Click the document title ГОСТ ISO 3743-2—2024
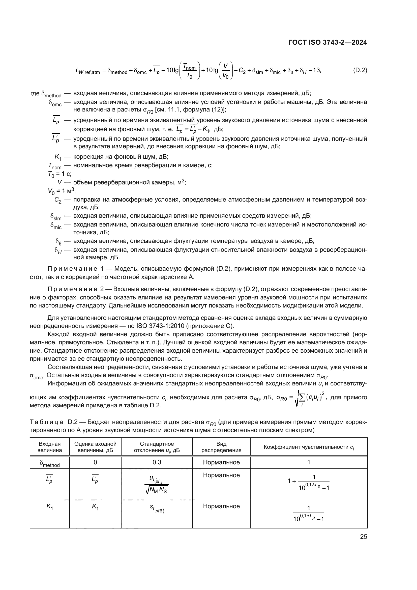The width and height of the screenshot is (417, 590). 328,42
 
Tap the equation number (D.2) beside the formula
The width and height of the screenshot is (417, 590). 360,70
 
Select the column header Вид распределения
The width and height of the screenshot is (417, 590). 221,447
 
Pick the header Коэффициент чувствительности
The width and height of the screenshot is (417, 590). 309,447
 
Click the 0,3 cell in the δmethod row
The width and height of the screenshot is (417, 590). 157,462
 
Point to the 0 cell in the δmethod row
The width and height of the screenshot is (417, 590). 95,462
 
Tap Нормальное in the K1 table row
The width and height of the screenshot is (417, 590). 221,506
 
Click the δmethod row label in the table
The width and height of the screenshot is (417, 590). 50,463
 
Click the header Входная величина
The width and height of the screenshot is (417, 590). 50,447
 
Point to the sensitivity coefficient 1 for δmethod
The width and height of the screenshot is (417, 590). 309,462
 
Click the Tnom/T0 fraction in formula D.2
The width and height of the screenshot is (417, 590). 190,71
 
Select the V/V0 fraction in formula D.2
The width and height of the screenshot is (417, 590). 225,71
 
